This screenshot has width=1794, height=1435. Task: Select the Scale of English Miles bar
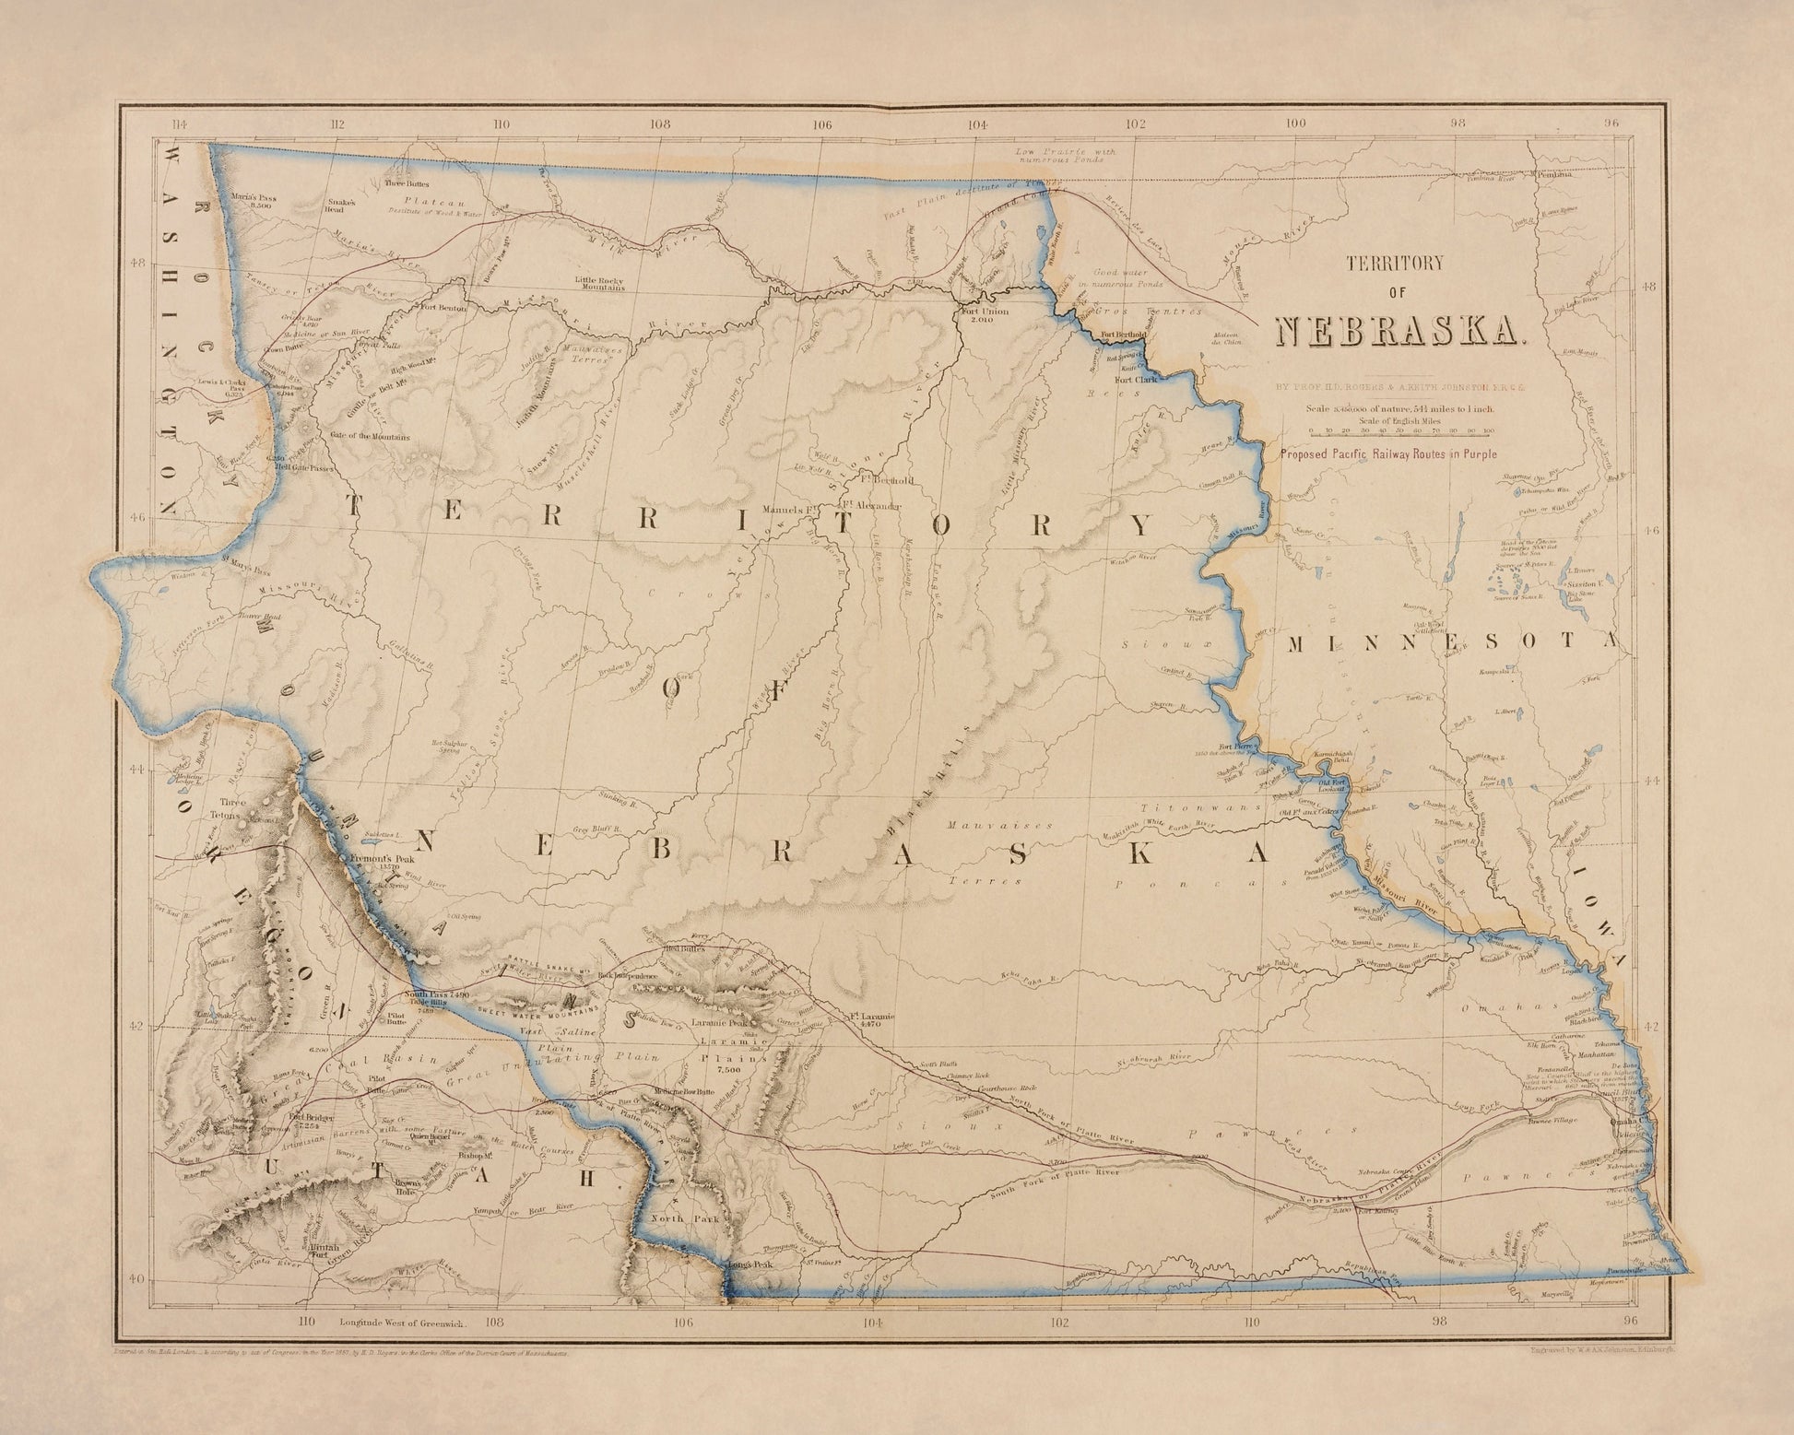pos(1401,430)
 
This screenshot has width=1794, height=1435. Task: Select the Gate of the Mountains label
pos(364,437)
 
